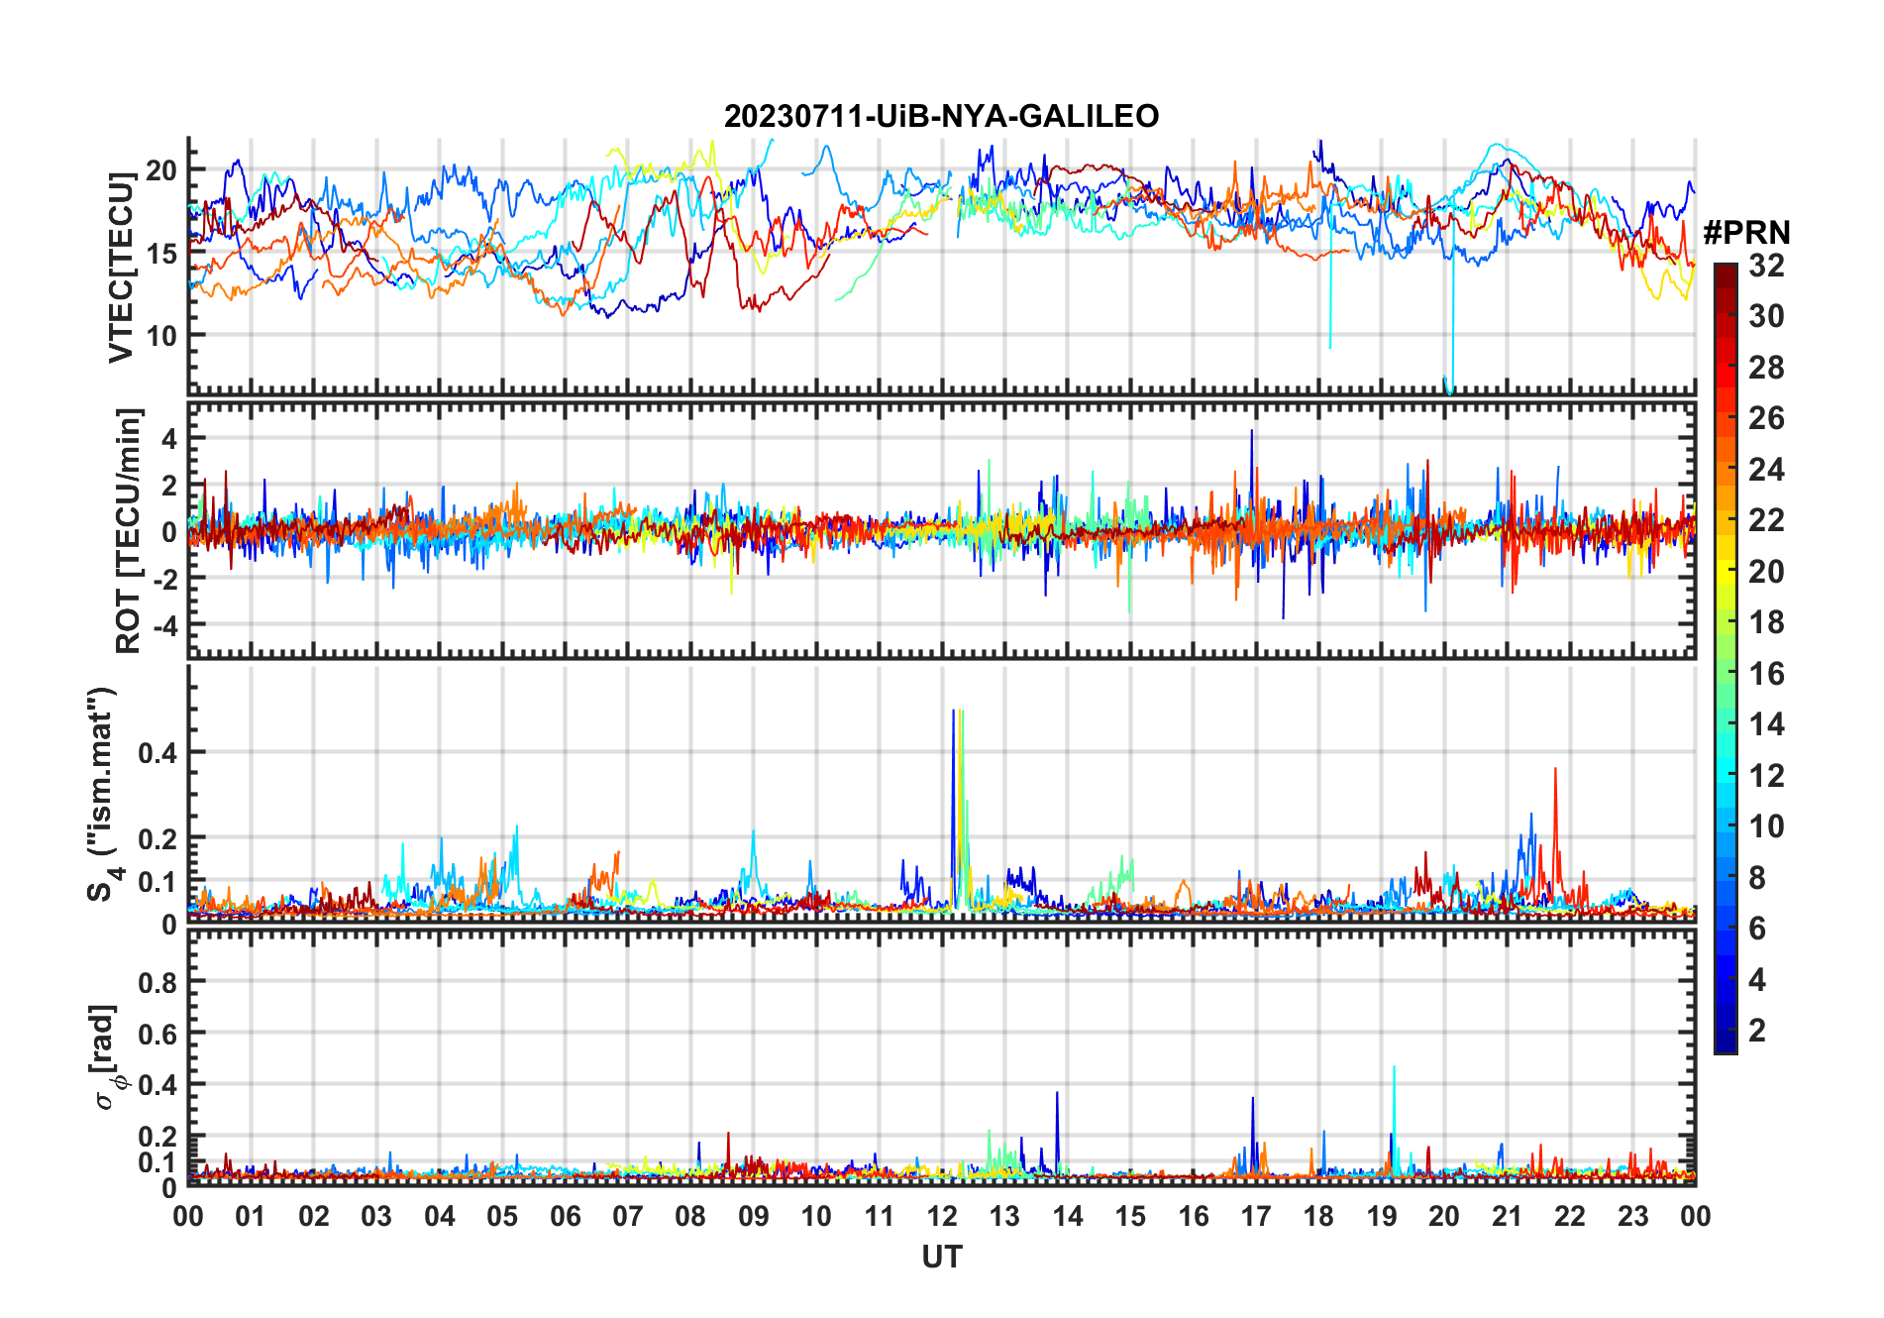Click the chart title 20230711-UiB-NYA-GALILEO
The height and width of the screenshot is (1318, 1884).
(x=941, y=117)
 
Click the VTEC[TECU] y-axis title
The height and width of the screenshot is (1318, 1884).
(x=121, y=268)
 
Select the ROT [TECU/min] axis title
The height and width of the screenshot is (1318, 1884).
(x=129, y=530)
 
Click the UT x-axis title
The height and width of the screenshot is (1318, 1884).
(x=941, y=1258)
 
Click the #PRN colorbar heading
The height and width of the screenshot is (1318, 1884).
(x=1746, y=233)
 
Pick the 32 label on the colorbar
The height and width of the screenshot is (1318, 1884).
(x=1766, y=266)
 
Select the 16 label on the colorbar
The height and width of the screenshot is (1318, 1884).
(x=1766, y=674)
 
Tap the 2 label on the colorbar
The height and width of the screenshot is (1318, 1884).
(x=1757, y=1031)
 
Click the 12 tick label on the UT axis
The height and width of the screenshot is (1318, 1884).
(x=942, y=1217)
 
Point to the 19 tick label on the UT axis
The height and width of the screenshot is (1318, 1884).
(x=1382, y=1217)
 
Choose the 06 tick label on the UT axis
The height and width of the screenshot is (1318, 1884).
(x=566, y=1217)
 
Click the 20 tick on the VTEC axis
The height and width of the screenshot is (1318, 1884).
(x=161, y=170)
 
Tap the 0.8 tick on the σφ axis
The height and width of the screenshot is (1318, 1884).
(x=157, y=982)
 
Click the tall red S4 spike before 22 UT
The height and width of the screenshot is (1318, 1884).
(x=1555, y=770)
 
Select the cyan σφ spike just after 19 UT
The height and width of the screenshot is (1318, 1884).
(x=1394, y=1068)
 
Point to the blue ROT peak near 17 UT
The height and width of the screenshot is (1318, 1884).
(x=1252, y=432)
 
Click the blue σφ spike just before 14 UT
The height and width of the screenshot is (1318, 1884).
(x=1057, y=1094)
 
